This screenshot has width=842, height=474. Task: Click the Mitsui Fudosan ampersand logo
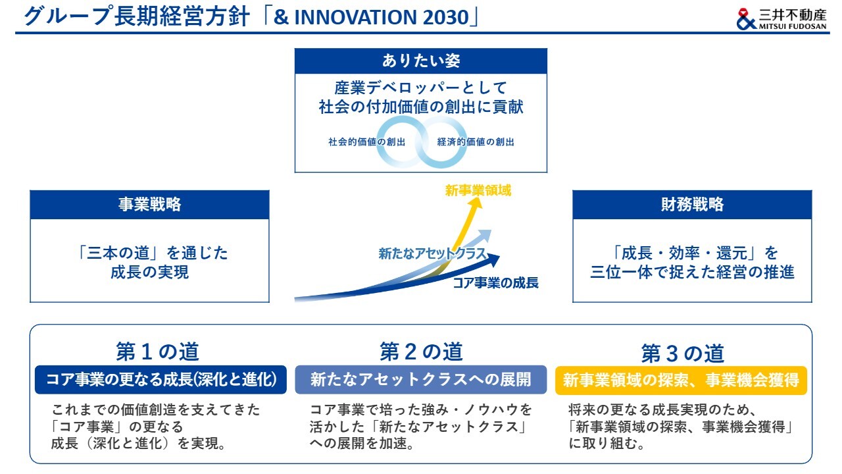[x=747, y=19]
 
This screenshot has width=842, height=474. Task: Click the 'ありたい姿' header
[x=420, y=61]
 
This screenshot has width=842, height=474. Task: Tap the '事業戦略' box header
[x=149, y=205]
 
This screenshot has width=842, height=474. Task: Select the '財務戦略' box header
[x=692, y=205]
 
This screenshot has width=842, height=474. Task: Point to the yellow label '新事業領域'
[x=478, y=190]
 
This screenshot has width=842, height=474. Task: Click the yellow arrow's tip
[x=478, y=197]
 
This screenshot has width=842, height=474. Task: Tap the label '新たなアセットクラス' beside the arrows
[x=432, y=253]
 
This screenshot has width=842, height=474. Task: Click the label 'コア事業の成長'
[x=495, y=282]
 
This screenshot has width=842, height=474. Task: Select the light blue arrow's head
[x=485, y=235]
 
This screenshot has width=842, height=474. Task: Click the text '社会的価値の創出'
[x=366, y=142]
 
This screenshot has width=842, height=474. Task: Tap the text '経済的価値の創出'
[x=476, y=142]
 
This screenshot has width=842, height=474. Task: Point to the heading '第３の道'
[x=683, y=354]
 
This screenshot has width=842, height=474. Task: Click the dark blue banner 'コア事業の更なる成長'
[x=161, y=380]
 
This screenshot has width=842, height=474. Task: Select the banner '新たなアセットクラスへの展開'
[x=420, y=380]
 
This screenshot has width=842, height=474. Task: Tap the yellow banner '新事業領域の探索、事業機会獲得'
[x=681, y=381]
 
